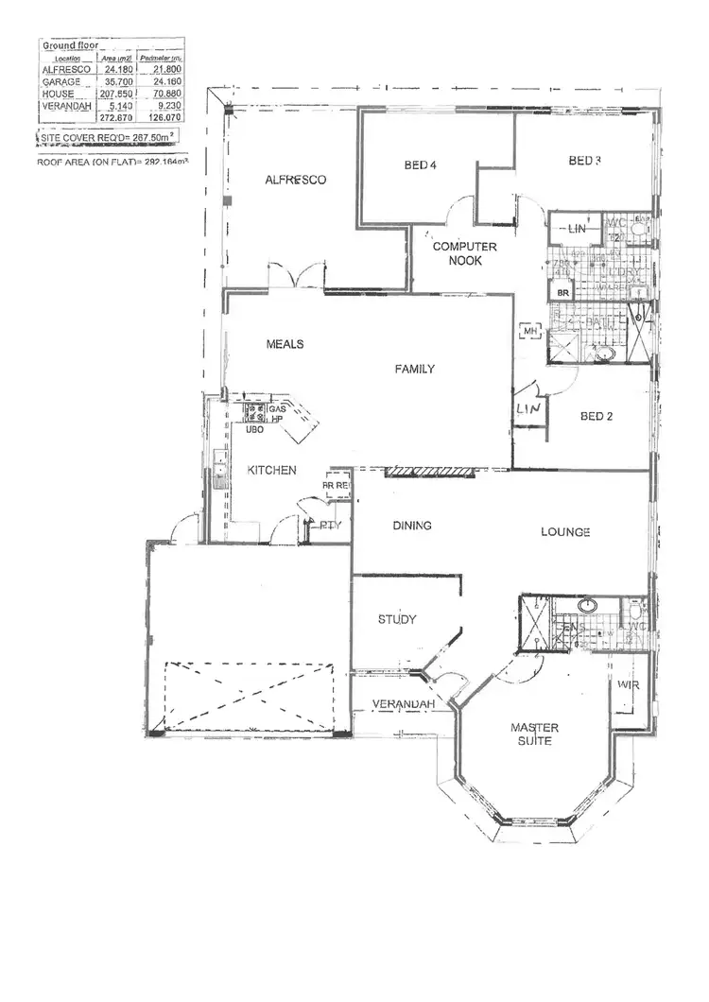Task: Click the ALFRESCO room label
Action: click(x=296, y=180)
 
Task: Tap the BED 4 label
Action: click(x=419, y=165)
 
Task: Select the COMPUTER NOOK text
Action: click(x=458, y=253)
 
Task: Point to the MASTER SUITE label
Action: click(x=534, y=734)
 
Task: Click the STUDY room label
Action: click(x=397, y=620)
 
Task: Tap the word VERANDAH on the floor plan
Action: click(x=403, y=705)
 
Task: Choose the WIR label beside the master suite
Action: click(x=628, y=685)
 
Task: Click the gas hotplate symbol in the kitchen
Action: click(x=254, y=412)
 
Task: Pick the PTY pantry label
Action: click(x=330, y=525)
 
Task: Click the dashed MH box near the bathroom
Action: click(x=529, y=332)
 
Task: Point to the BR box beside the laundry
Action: click(x=563, y=294)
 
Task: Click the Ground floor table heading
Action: click(x=64, y=44)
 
